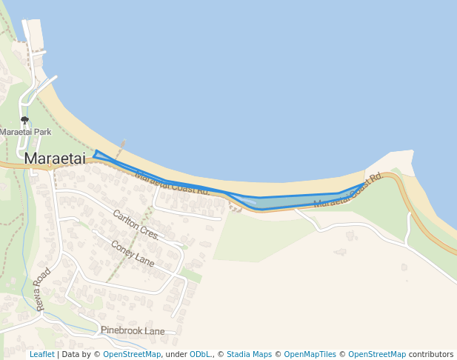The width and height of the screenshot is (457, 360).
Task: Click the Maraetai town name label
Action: tap(55, 158)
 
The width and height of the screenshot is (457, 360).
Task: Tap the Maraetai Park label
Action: tap(24, 132)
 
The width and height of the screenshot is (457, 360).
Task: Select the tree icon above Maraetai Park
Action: tap(24, 120)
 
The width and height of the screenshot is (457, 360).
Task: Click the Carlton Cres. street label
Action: tap(136, 224)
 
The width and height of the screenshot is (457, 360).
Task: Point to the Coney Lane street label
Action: tap(133, 253)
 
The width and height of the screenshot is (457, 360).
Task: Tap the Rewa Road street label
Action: tap(41, 289)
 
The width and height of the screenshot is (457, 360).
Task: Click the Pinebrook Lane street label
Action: tap(133, 331)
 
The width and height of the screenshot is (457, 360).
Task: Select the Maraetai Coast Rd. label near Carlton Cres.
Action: tap(173, 182)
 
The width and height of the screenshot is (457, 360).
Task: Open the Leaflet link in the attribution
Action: tap(41, 354)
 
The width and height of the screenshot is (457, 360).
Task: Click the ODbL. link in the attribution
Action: tap(199, 354)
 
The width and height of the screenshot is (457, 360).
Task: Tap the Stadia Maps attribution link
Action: tap(249, 354)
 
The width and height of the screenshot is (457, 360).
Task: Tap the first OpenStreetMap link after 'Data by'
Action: tap(132, 354)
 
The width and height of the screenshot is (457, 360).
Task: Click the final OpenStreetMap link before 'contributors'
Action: tap(377, 354)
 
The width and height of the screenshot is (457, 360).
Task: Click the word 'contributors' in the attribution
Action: tap(430, 354)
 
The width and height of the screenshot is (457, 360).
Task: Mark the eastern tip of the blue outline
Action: tap(365, 182)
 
